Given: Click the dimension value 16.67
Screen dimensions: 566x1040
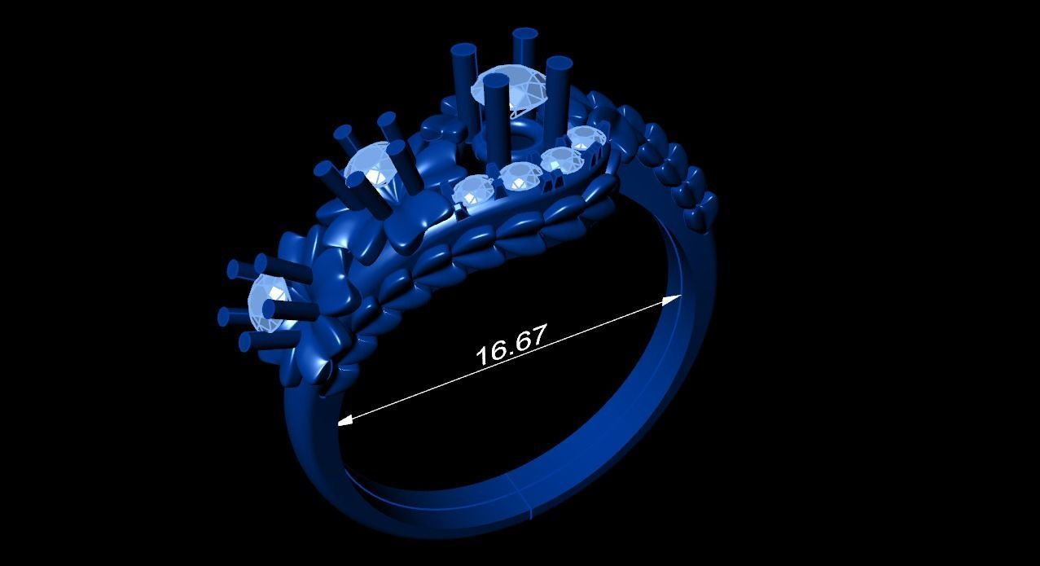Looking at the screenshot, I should (511, 345).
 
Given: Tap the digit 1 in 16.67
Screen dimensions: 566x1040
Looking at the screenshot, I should (482, 355).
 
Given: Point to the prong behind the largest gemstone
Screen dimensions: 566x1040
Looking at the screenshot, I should (524, 49).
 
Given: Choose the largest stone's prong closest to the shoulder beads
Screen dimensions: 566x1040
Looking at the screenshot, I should (559, 90).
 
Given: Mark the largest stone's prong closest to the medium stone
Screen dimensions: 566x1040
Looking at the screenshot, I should (464, 77).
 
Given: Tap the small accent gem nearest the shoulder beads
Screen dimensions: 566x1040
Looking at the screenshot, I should (585, 138).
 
